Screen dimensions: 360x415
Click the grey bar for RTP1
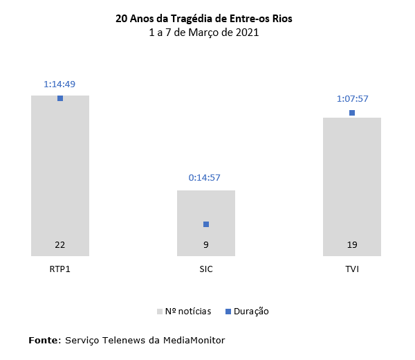pos(60,173)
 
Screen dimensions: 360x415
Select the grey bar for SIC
pos(206,208)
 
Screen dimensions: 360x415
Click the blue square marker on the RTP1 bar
pos(60,98)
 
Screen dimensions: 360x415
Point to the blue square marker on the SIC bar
pos(206,224)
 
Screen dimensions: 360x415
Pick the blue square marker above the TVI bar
pos(352,112)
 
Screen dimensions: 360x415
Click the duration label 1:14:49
pos(59,84)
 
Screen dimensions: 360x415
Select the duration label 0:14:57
pos(205,178)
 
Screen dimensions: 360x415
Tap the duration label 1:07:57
pos(351,98)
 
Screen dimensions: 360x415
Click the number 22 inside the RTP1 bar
pos(60,245)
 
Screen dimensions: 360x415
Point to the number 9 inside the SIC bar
pos(206,245)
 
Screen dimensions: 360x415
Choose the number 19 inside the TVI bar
pos(352,245)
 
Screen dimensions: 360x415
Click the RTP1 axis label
pos(60,269)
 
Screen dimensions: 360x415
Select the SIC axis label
pos(206,269)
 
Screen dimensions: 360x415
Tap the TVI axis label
pos(352,269)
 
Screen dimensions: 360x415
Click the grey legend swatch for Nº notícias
pos(160,312)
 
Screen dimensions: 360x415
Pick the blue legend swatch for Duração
pos(229,312)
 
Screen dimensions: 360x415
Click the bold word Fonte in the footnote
pos(44,340)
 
